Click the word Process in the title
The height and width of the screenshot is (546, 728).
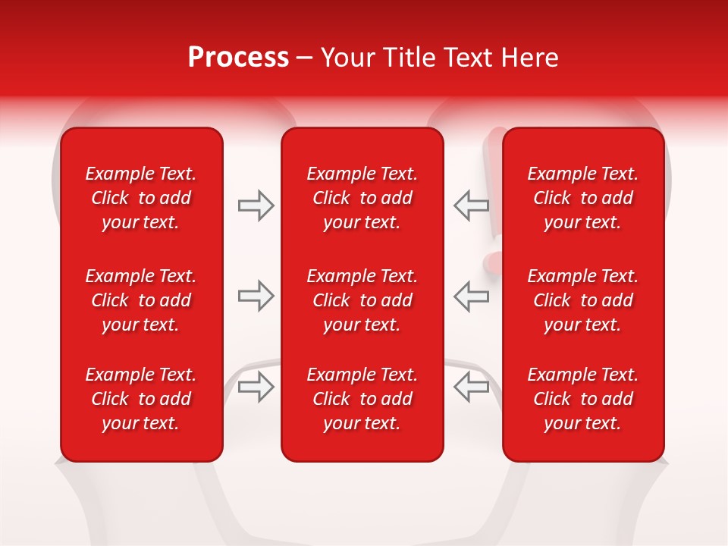click(238, 58)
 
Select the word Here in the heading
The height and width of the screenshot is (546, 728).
click(532, 58)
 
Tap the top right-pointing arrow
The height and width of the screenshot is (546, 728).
click(256, 206)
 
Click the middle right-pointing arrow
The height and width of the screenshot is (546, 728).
click(256, 296)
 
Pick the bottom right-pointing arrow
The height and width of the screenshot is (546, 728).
click(256, 386)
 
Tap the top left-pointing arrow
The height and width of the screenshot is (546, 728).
click(472, 206)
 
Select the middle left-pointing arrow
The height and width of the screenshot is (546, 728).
click(472, 296)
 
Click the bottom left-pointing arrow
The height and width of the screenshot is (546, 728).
click(472, 386)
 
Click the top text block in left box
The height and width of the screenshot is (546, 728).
click(141, 198)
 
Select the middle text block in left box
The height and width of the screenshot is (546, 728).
click(141, 300)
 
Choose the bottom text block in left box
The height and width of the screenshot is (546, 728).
click(141, 399)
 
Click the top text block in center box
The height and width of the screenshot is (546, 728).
click(362, 198)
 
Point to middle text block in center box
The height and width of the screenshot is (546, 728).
click(362, 300)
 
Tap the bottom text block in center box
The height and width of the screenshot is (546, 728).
click(362, 399)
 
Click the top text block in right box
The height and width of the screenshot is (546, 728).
click(583, 198)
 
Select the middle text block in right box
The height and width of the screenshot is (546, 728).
click(583, 300)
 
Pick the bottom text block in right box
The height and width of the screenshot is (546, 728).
click(583, 399)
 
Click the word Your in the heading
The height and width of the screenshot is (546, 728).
click(346, 58)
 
